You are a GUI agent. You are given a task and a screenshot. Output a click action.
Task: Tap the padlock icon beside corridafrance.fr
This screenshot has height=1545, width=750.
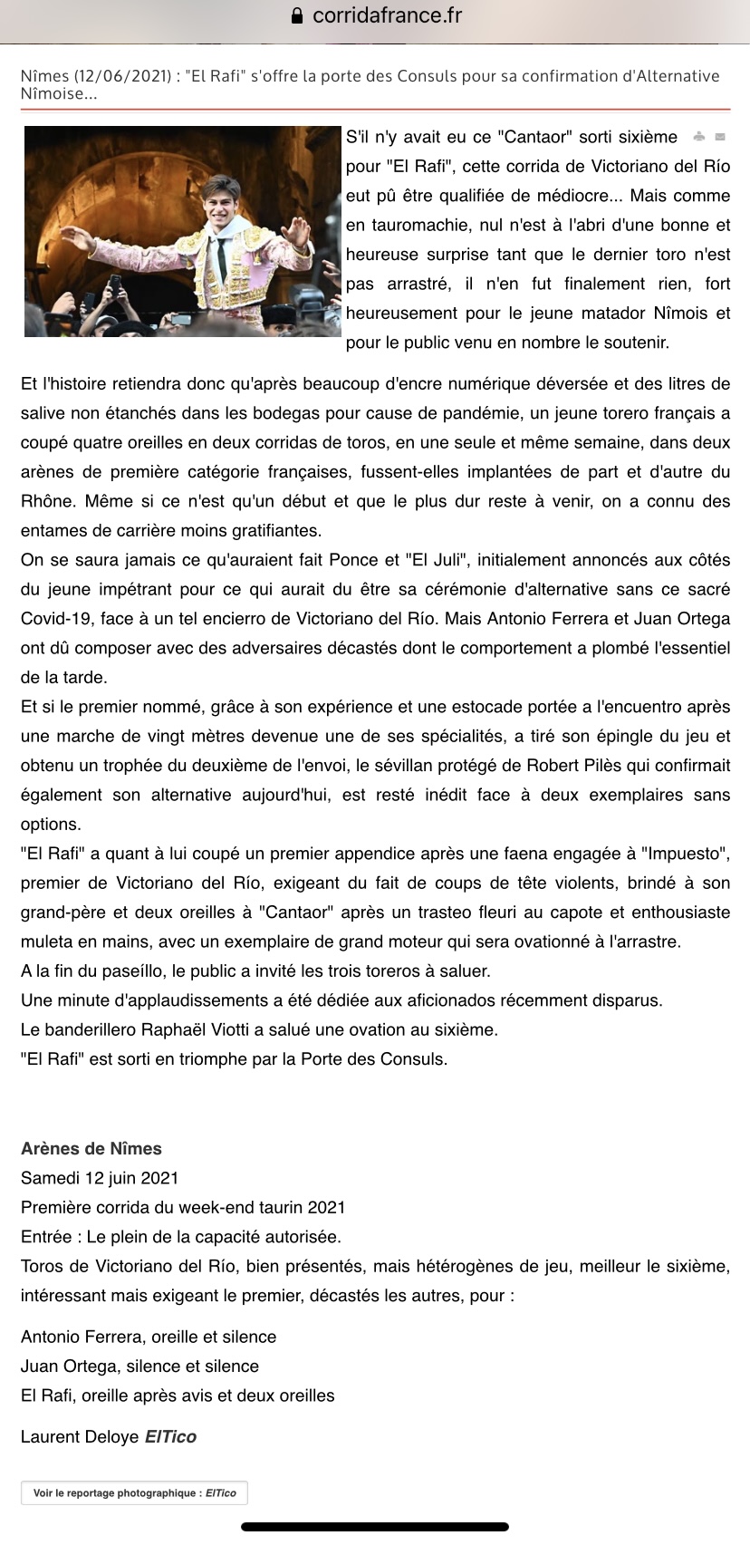click(296, 16)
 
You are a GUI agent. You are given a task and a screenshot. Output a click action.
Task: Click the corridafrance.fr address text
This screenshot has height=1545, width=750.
click(387, 15)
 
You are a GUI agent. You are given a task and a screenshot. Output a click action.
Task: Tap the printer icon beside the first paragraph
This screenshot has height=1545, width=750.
click(698, 138)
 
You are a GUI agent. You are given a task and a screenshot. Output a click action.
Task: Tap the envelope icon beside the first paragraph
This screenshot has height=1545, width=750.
click(720, 138)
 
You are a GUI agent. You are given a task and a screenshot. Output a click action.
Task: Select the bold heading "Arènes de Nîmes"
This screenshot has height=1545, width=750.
click(91, 1148)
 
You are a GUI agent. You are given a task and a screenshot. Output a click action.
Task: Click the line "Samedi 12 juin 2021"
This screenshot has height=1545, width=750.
click(100, 1178)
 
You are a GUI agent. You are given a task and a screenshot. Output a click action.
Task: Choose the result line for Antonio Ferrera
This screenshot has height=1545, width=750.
click(149, 1337)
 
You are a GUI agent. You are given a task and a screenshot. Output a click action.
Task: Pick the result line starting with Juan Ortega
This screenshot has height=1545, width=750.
click(139, 1366)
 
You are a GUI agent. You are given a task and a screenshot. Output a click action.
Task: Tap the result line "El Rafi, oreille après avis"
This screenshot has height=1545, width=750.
click(178, 1395)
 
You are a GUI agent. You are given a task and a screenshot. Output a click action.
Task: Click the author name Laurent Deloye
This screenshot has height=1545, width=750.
click(80, 1436)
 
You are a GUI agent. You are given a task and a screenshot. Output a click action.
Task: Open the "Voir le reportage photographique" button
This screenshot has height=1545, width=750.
click(134, 1493)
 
